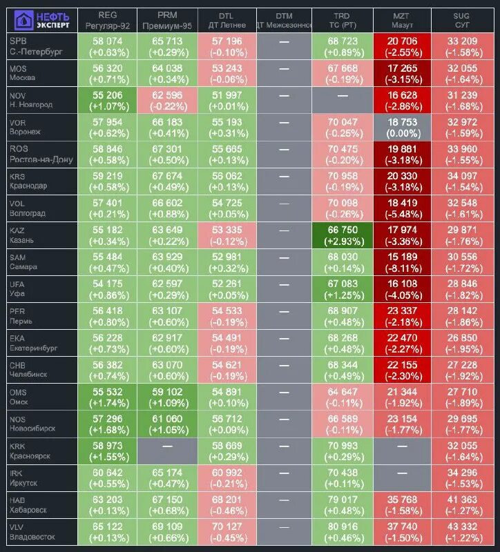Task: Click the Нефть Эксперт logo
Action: click(39, 19)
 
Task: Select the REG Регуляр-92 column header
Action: click(107, 19)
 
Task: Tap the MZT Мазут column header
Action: click(401, 19)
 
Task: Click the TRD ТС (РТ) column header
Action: click(341, 19)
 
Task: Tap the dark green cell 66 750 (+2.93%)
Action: click(341, 235)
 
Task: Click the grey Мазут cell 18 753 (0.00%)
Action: click(401, 127)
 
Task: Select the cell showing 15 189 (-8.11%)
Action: click(401, 262)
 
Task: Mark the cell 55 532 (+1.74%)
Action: click(107, 397)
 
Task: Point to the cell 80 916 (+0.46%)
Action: click(341, 531)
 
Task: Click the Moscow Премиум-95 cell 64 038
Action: click(167, 73)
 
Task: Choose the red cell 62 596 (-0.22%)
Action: click(167, 100)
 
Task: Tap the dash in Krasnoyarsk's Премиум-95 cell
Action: click(167, 451)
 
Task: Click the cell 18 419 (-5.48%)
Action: click(401, 208)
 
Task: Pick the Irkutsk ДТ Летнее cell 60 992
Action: click(226, 477)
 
